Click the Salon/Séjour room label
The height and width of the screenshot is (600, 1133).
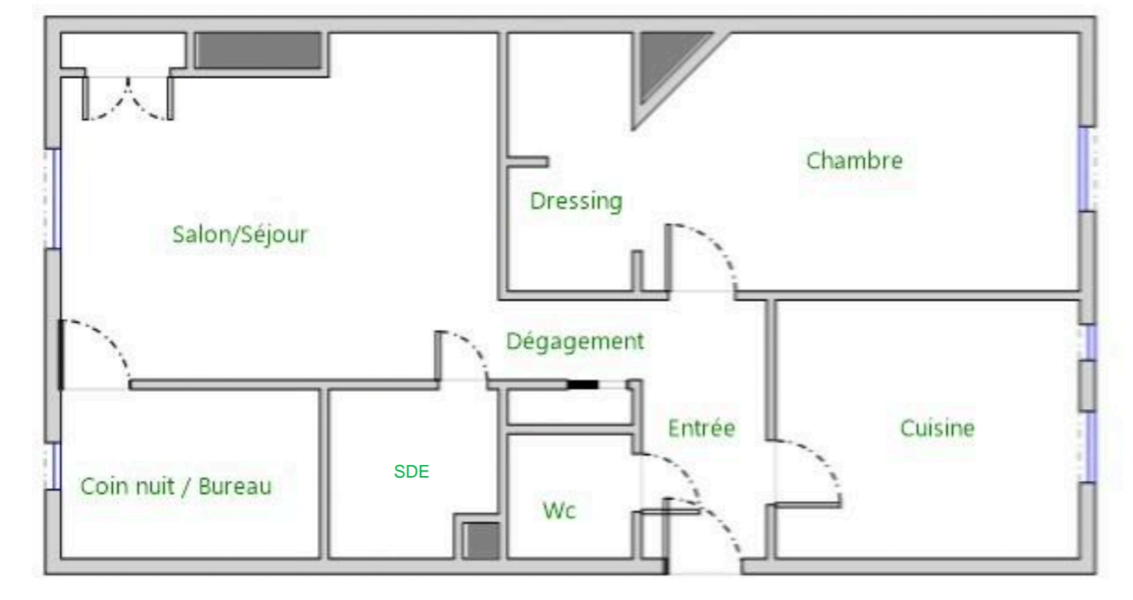click(240, 235)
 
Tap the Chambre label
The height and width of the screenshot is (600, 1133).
click(854, 160)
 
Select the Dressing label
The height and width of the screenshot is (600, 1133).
click(576, 202)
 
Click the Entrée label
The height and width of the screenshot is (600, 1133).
click(702, 428)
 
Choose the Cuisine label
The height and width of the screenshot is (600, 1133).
click(937, 428)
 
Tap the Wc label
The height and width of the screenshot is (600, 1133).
click(559, 510)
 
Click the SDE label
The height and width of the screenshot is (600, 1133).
click(411, 471)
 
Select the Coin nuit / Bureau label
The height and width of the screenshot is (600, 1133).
click(176, 487)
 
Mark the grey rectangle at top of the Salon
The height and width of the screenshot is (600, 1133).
click(258, 50)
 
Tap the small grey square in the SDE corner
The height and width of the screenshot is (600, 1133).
click(482, 540)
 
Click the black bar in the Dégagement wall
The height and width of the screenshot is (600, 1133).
click(583, 385)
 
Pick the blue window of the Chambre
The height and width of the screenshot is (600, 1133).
click(1083, 169)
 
